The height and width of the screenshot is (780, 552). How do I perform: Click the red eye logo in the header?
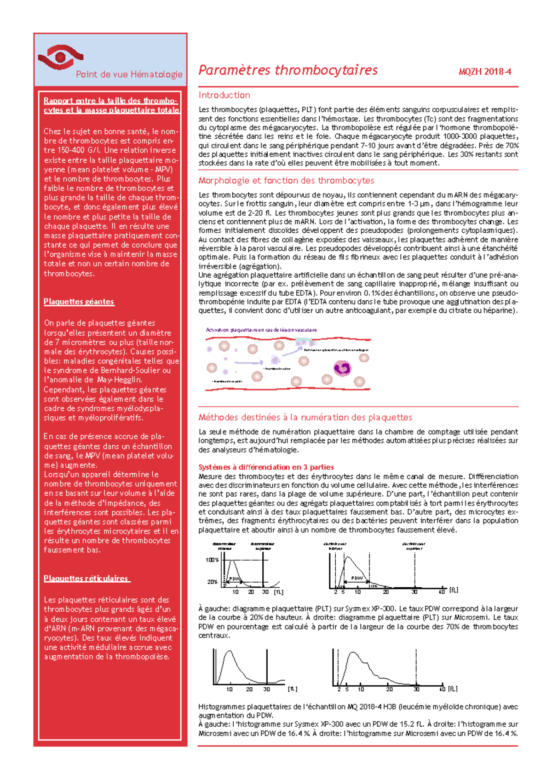60,57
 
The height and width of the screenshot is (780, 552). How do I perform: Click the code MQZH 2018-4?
484,72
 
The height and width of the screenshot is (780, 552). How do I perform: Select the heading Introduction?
224,95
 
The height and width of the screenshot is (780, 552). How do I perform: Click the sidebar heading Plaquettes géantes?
79,302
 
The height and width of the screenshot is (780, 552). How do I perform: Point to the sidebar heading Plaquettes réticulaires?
86,579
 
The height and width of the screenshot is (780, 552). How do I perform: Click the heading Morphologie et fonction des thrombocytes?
286,180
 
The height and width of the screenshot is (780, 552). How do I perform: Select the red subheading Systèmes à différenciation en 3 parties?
266,467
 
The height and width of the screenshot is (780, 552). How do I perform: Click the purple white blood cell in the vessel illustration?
342,368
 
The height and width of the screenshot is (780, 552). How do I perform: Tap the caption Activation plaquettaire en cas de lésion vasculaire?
261,330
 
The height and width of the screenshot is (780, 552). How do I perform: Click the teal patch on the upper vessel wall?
304,342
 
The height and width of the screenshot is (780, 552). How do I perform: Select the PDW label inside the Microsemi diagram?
357,578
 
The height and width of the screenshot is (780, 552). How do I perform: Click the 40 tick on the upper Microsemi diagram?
442,592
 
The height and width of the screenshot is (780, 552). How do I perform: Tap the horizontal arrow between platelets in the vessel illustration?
249,363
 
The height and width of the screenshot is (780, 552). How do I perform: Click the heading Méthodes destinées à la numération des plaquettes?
305,417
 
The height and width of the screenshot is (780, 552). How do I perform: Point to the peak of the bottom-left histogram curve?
229,652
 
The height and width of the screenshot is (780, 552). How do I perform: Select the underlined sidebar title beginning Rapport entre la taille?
111,105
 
